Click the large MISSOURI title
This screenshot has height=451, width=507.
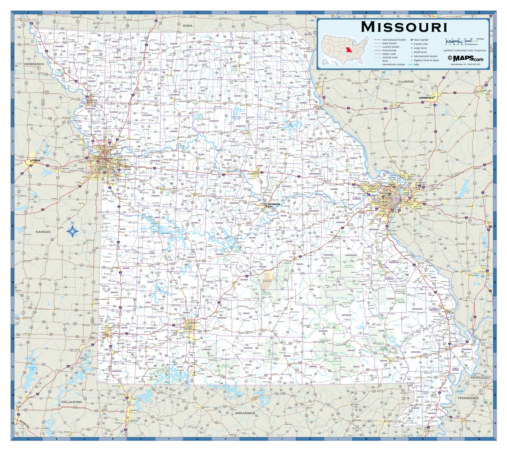(x=404, y=27)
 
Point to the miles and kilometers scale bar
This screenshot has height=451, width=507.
(x=461, y=42)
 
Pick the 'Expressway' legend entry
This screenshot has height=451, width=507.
(x=389, y=50)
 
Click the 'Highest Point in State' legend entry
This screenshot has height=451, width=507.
(x=425, y=60)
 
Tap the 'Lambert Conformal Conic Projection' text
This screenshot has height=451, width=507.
(x=464, y=50)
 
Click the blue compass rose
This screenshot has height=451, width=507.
(x=72, y=230)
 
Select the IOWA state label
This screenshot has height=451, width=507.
(x=188, y=26)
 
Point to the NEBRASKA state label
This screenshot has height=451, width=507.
(x=34, y=64)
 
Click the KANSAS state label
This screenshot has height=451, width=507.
(x=43, y=232)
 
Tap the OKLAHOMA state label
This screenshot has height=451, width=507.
(x=71, y=402)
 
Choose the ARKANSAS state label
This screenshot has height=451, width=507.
(x=245, y=413)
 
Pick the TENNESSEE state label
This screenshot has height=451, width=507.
(x=467, y=398)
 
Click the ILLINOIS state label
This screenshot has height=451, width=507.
(x=406, y=81)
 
